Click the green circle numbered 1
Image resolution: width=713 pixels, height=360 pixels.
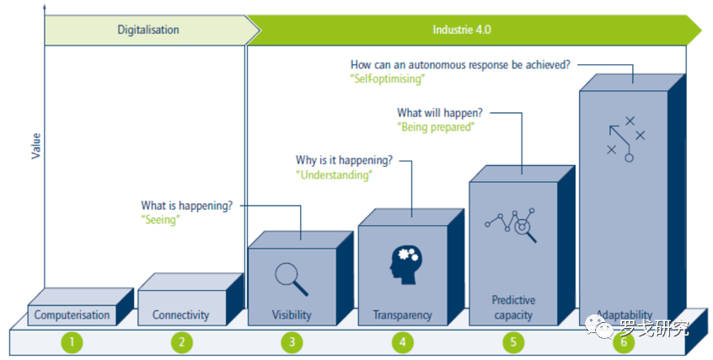tap(73, 342)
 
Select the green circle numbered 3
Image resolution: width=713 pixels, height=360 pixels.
tap(292, 342)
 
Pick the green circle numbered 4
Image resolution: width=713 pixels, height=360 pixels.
tap(402, 342)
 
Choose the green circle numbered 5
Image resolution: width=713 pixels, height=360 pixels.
tap(512, 342)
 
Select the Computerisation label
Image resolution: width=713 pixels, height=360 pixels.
tap(72, 315)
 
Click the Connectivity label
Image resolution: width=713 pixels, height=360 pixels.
tap(180, 315)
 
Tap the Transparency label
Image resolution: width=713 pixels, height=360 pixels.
tap(402, 315)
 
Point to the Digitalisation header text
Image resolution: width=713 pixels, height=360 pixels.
tap(148, 30)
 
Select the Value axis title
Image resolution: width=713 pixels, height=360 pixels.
tap(36, 147)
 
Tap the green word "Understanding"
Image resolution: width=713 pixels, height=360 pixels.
tap(334, 175)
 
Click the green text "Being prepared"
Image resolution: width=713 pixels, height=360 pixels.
tap(436, 126)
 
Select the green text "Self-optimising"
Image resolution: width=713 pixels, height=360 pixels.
tap(387, 78)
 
